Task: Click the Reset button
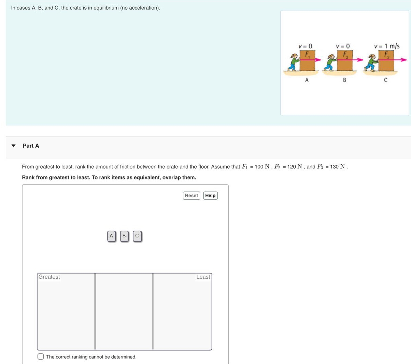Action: pos(191,195)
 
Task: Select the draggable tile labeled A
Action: pos(111,236)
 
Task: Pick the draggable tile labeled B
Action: pos(124,236)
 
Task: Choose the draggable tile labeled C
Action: pos(137,236)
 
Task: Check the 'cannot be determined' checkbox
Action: pos(41,356)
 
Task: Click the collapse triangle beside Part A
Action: pos(14,146)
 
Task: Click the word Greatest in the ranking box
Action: pos(49,277)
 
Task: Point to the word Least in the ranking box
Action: pos(203,277)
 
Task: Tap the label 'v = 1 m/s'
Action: pos(386,46)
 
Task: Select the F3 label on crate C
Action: pos(386,54)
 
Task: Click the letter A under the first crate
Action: pos(307,80)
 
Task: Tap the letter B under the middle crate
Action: pos(344,80)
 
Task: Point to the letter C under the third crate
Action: pos(385,80)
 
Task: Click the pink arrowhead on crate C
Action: pos(404,60)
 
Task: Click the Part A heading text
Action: pos(31,146)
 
